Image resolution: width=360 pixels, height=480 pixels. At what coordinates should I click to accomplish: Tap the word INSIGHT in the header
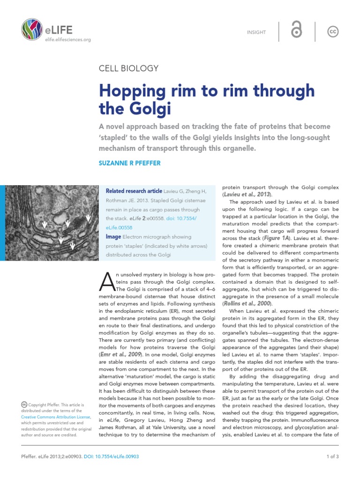pyautogui.click(x=256, y=32)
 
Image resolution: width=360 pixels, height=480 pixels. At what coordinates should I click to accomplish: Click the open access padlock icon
pyautogui.click(x=296, y=31)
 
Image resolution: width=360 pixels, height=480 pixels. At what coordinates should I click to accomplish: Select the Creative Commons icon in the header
pyautogui.click(x=333, y=31)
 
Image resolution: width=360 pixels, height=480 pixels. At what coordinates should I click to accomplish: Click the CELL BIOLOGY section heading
pyautogui.click(x=128, y=68)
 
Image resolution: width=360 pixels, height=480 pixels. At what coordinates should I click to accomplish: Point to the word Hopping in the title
pyautogui.click(x=135, y=90)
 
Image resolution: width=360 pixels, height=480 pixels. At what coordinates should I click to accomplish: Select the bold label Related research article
pyautogui.click(x=133, y=191)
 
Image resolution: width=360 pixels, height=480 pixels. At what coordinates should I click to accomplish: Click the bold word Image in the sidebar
pyautogui.click(x=114, y=237)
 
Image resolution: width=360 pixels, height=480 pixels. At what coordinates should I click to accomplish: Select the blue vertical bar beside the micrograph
pyautogui.click(x=2, y=223)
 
